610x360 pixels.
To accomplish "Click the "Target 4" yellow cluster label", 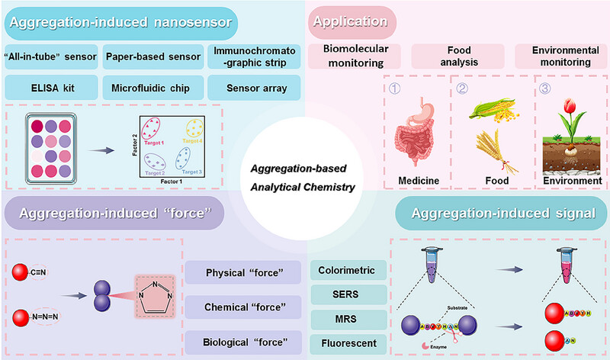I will point(199,140).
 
